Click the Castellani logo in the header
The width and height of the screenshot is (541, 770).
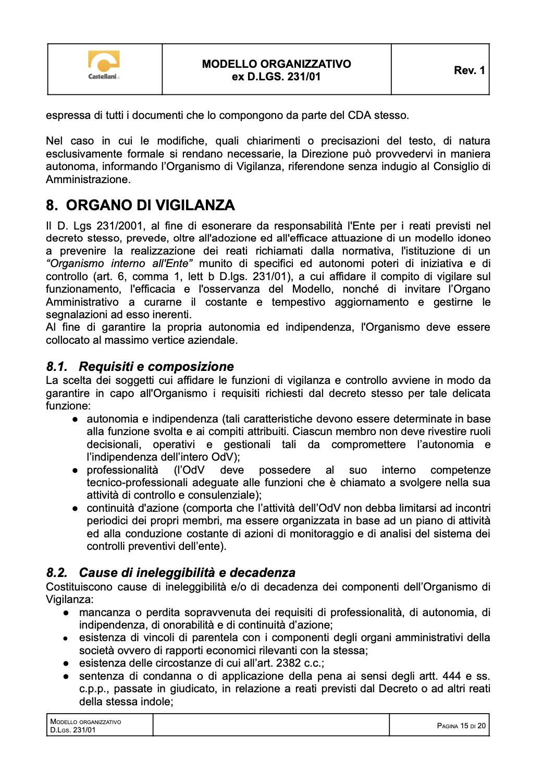click(104, 65)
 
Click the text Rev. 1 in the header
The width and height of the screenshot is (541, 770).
click(469, 70)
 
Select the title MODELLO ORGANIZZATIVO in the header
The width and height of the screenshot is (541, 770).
click(276, 64)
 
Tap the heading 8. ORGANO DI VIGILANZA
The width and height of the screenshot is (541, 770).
click(140, 205)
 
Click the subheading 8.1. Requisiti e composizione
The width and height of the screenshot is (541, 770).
click(140, 367)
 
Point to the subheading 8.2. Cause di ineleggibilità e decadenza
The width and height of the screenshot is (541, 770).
click(170, 573)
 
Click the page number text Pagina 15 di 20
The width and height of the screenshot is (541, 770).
click(461, 726)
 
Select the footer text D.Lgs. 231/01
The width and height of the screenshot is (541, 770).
click(73, 730)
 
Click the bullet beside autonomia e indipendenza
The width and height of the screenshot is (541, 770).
click(76, 419)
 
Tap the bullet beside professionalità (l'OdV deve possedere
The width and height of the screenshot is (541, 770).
click(76, 471)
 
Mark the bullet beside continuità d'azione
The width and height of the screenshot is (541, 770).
click(76, 509)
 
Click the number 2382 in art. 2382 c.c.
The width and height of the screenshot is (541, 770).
click(288, 663)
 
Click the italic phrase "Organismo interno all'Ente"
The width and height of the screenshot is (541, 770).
click(119, 263)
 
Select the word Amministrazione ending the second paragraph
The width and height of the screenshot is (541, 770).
click(88, 179)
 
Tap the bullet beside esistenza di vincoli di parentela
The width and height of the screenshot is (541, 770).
click(66, 638)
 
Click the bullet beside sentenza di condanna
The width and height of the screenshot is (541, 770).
click(66, 677)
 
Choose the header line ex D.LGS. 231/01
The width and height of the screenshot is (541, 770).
click(276, 77)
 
